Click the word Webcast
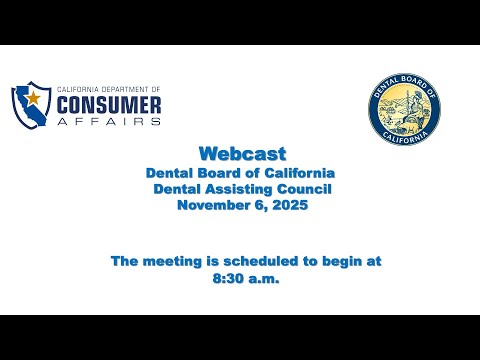click(242, 154)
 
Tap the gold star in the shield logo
click(33, 98)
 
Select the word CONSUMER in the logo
click(109, 105)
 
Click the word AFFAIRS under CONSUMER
click(109, 121)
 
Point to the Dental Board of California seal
click(404, 109)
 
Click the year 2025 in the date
click(290, 205)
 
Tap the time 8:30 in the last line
click(228, 279)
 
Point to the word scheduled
click(261, 261)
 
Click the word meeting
click(172, 262)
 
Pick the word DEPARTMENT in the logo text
click(124, 90)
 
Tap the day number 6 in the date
click(262, 205)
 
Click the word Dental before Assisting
click(177, 189)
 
